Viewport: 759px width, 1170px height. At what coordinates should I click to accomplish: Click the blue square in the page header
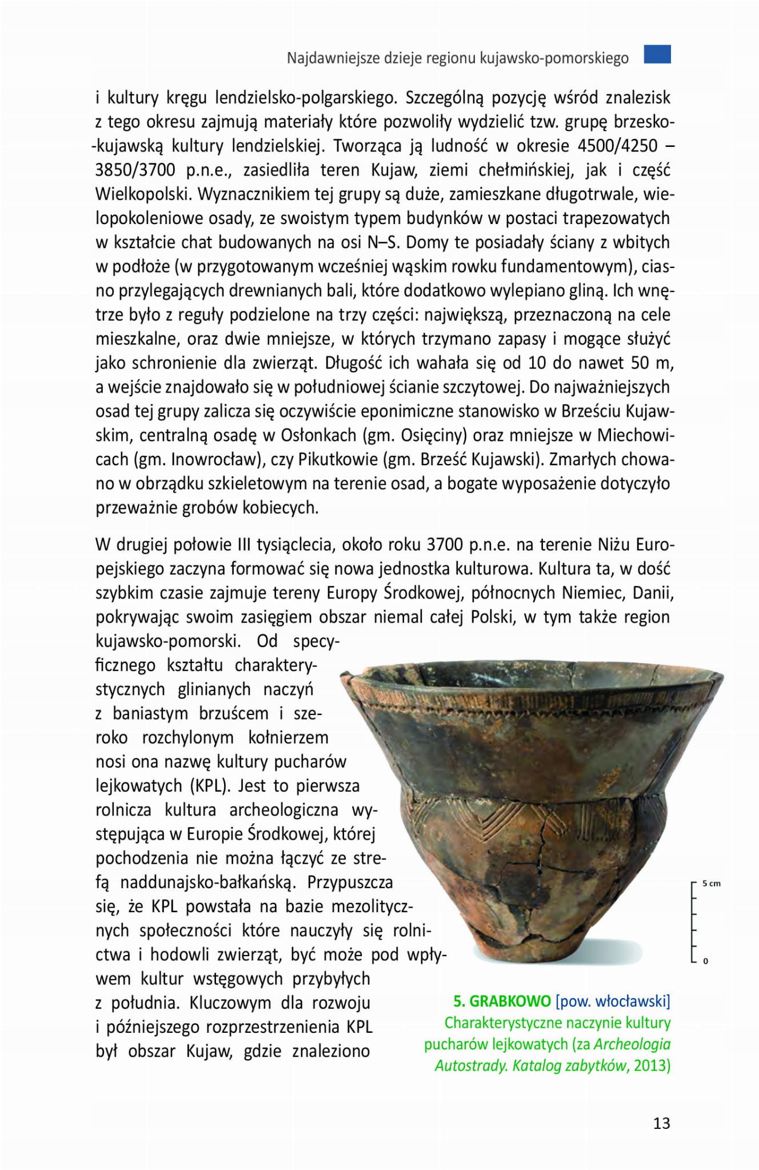(657, 54)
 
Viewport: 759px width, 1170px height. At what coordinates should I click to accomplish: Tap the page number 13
(661, 1123)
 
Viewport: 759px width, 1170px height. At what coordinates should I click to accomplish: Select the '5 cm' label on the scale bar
(712, 884)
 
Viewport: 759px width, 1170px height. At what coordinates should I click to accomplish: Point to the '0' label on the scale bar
(705, 961)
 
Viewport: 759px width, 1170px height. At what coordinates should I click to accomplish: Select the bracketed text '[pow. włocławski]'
(613, 1001)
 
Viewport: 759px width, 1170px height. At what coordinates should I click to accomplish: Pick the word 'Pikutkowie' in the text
(338, 460)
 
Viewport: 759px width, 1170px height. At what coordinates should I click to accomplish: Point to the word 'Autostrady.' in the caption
(469, 1065)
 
